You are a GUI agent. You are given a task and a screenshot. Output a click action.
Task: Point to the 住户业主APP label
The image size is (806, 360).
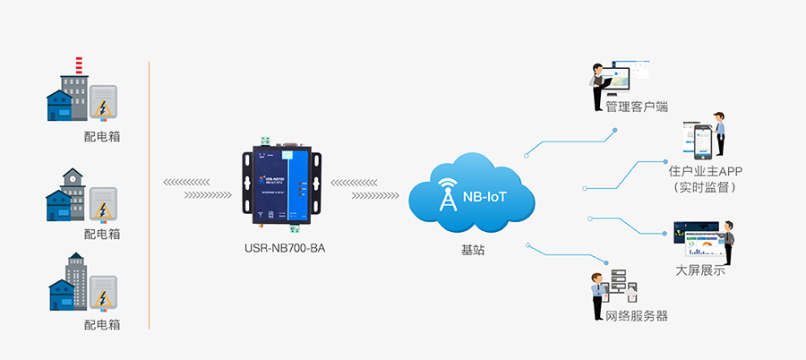tap(706, 170)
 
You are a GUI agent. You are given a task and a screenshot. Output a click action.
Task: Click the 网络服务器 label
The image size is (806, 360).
tap(637, 316)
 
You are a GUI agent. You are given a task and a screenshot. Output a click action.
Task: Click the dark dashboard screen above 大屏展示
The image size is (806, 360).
tap(699, 241)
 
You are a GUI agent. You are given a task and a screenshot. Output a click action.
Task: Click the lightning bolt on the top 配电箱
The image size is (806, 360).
tap(105, 109)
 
